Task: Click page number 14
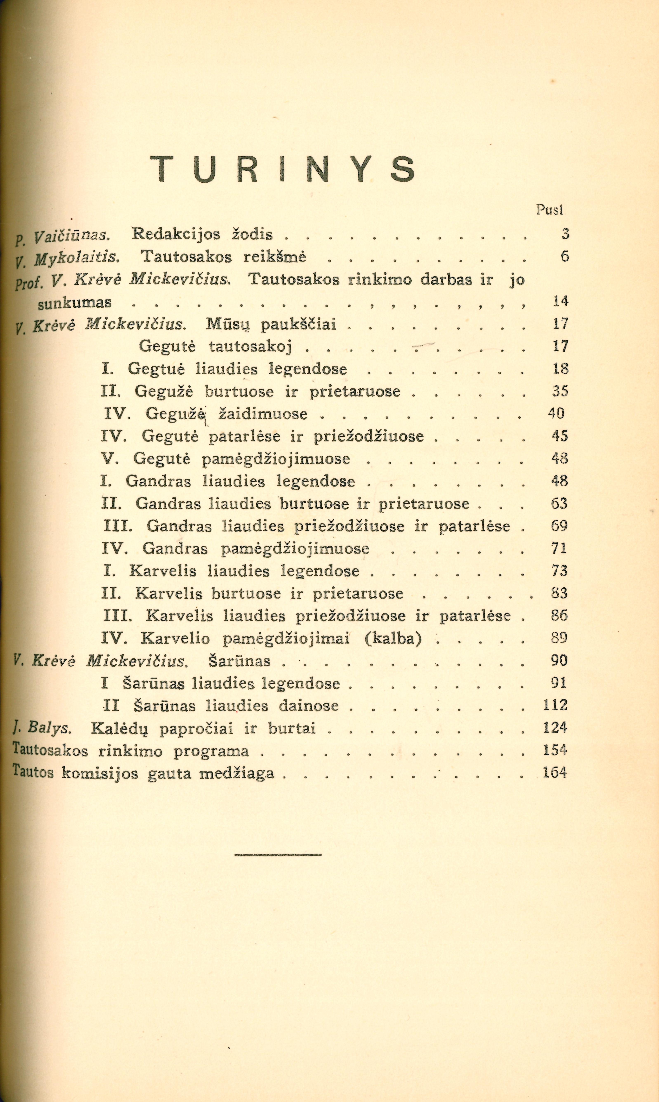coord(560,301)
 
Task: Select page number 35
coord(560,391)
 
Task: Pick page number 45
coord(560,436)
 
